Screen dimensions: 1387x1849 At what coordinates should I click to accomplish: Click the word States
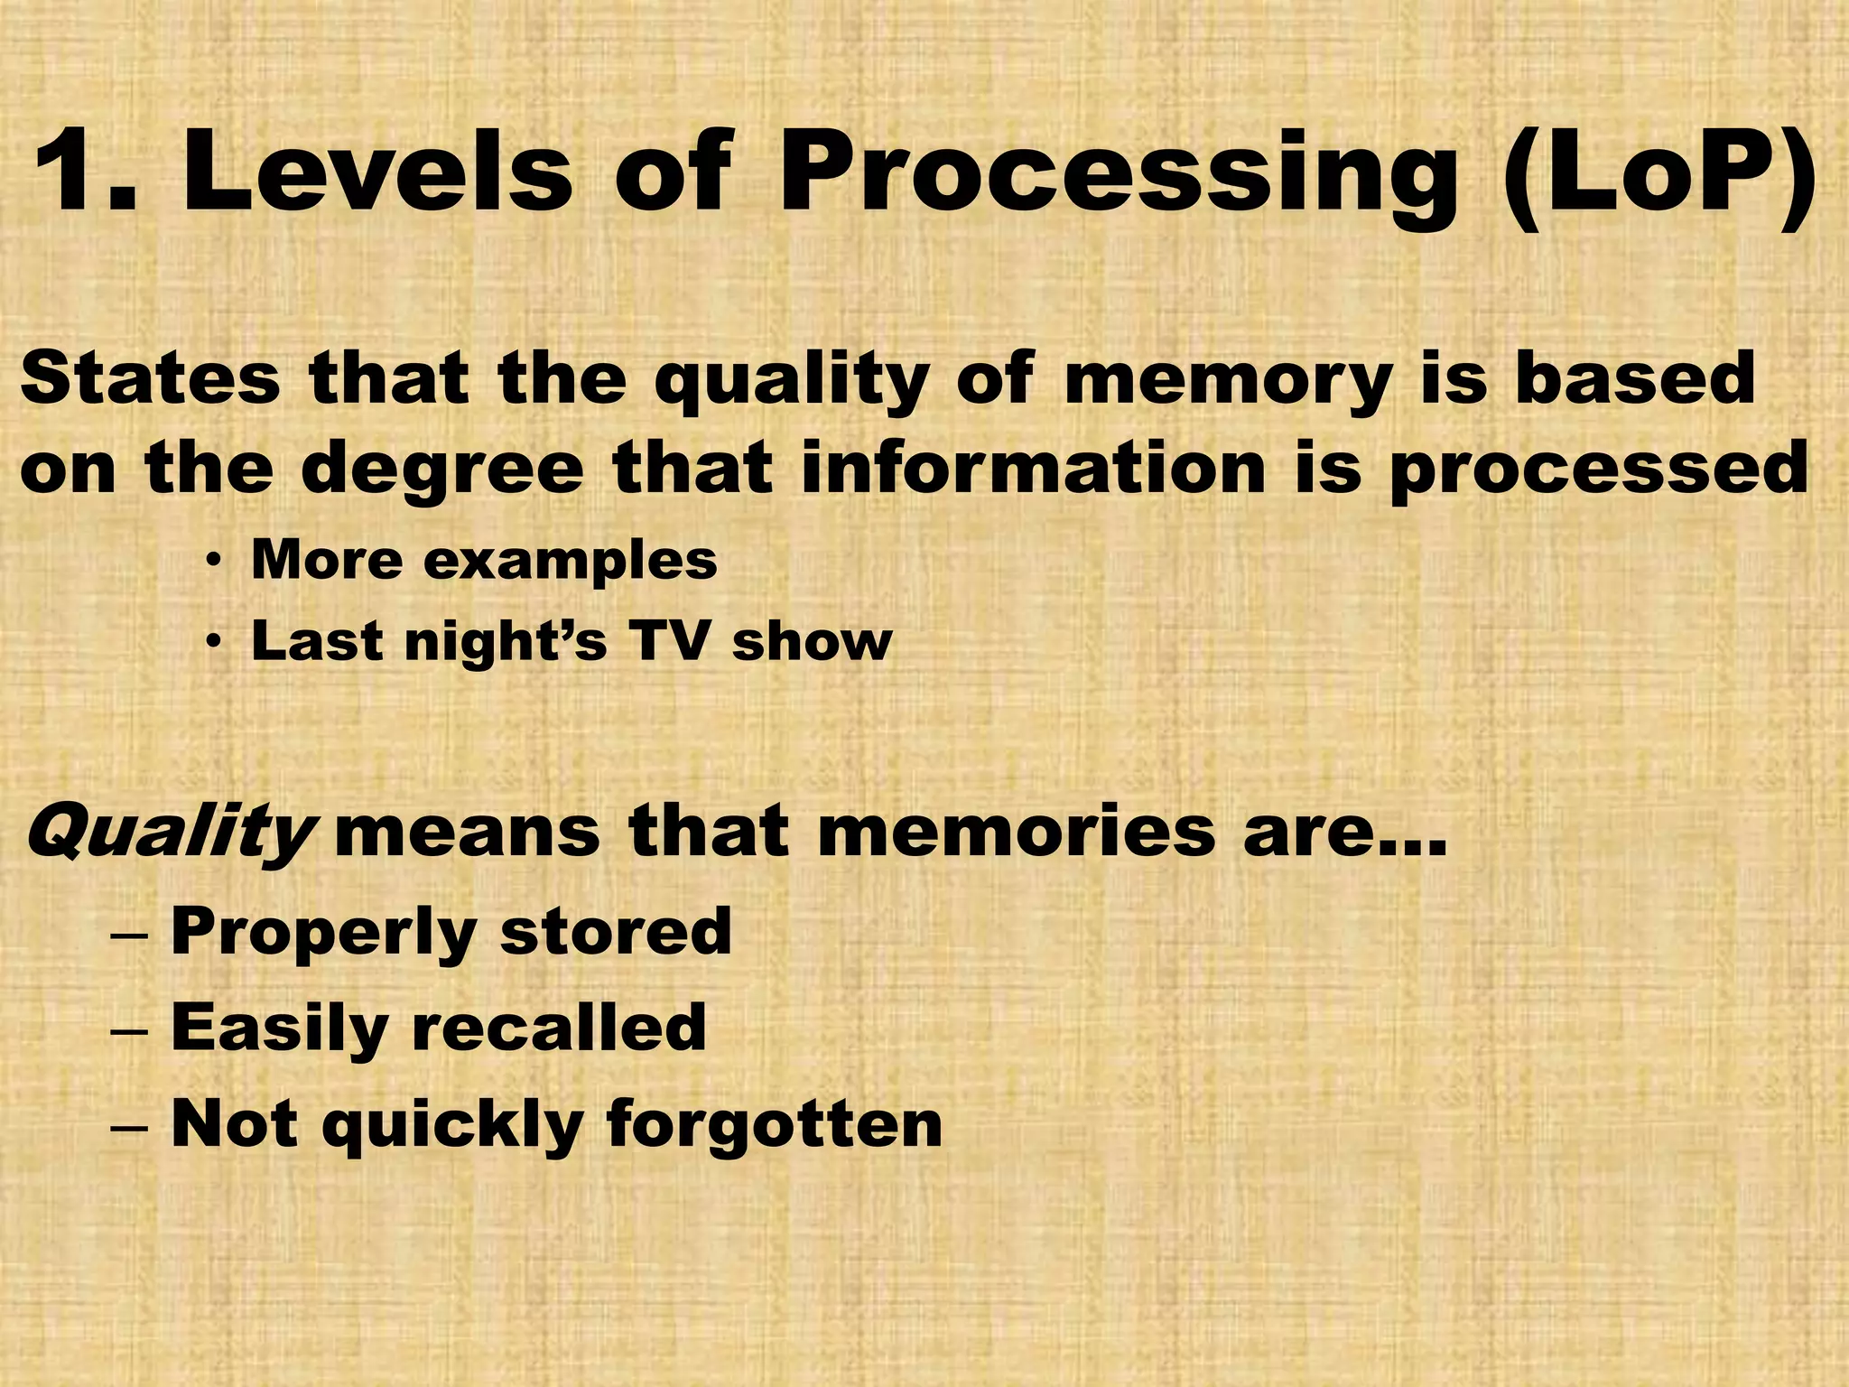pos(150,379)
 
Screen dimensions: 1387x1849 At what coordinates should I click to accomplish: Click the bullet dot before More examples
pos(213,563)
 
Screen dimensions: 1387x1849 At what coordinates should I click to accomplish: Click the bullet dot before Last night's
pos(213,643)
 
